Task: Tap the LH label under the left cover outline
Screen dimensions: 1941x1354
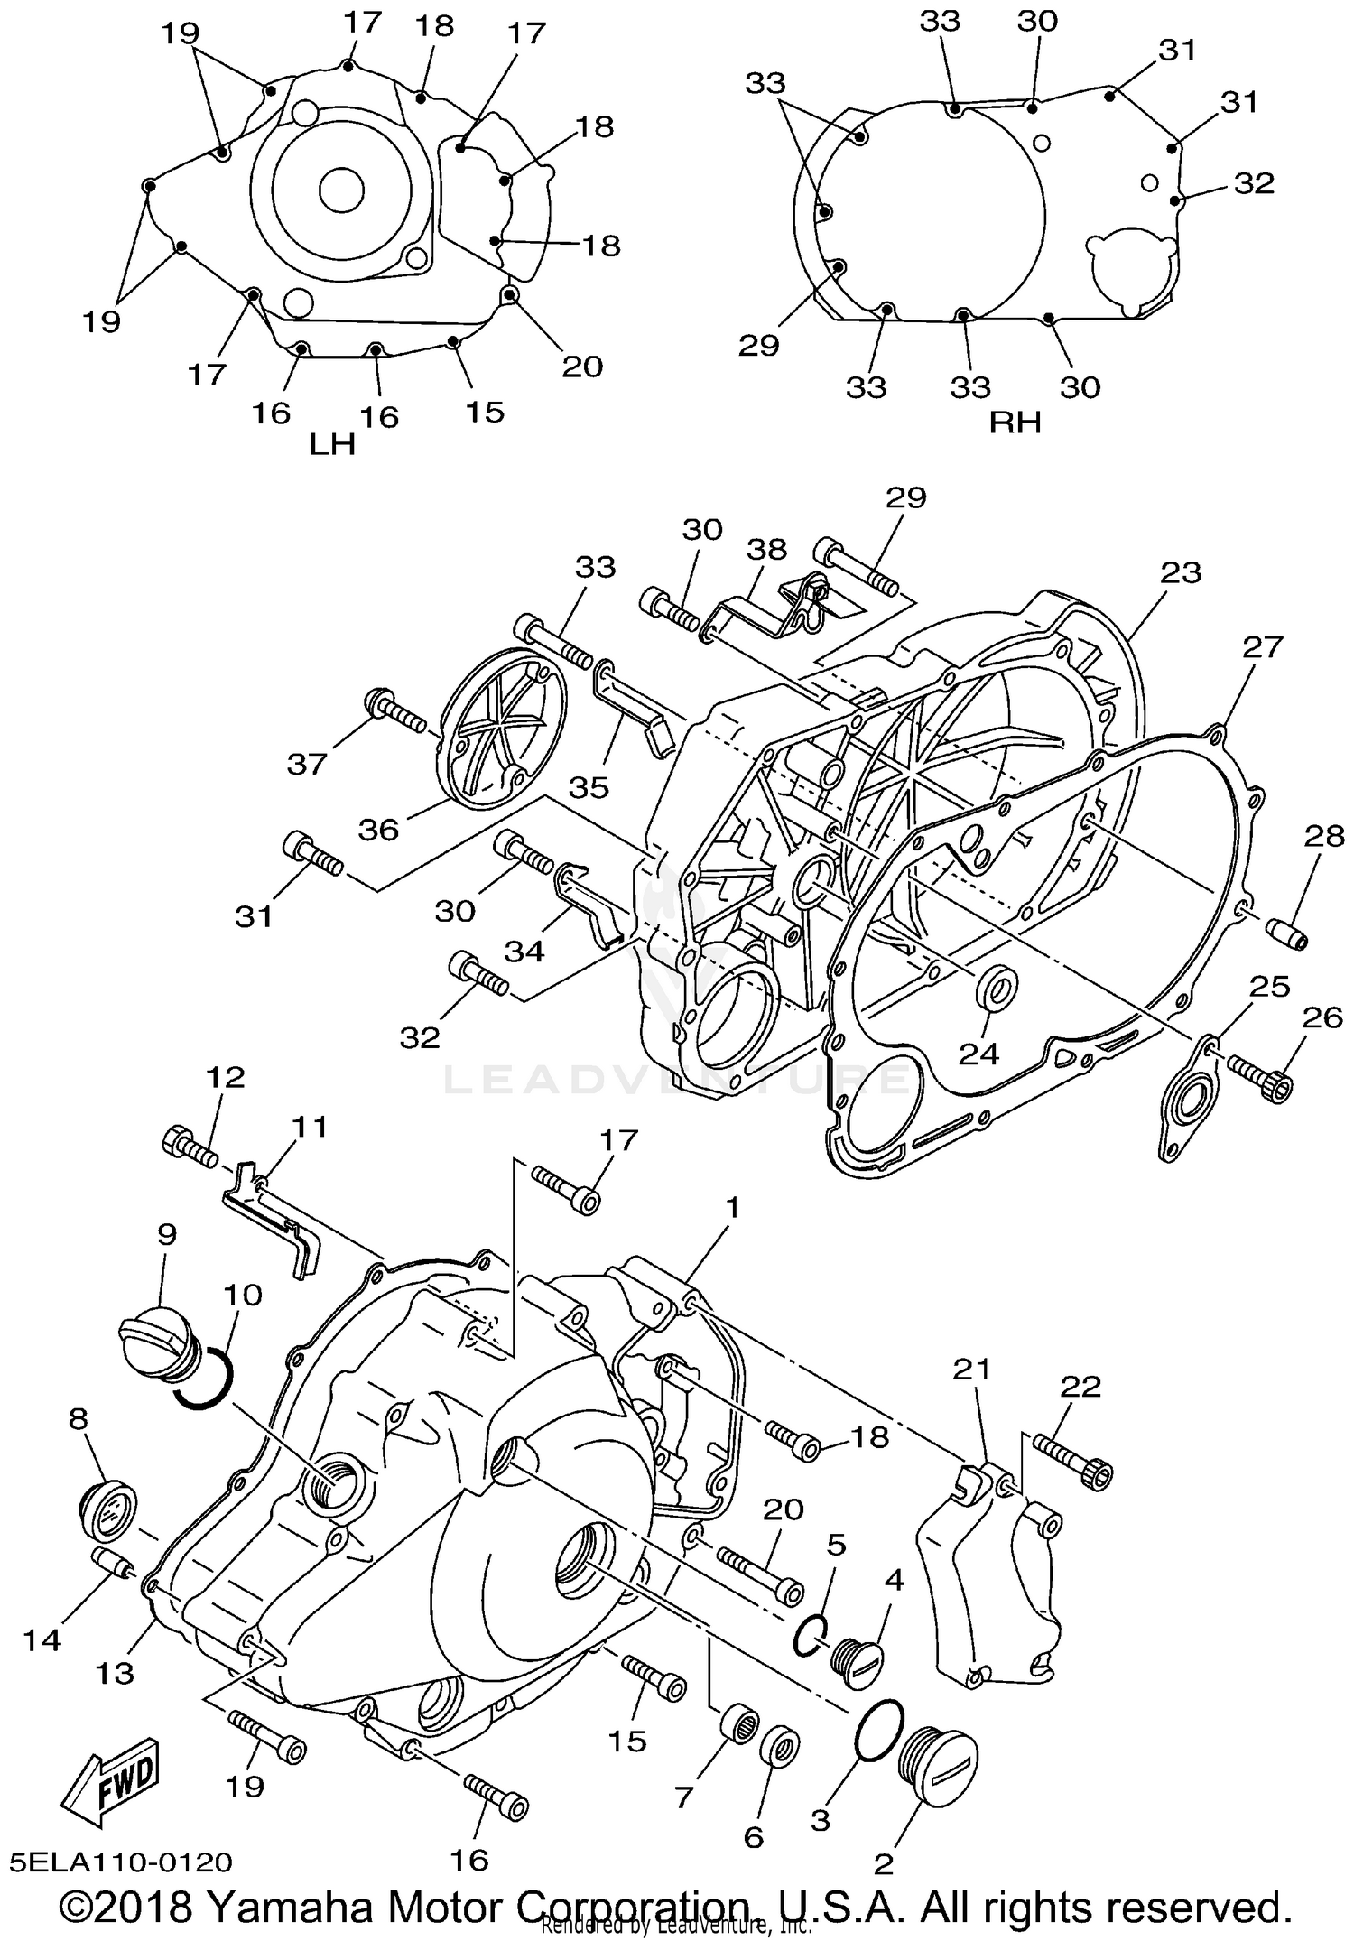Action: (x=332, y=444)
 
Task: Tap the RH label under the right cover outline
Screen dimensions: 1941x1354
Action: (x=1015, y=422)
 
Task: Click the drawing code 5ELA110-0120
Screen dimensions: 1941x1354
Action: (x=122, y=1862)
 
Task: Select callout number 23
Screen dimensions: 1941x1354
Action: (x=1181, y=572)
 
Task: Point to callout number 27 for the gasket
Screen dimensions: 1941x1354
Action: (x=1261, y=646)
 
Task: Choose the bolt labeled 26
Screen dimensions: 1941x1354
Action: (x=1260, y=1079)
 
